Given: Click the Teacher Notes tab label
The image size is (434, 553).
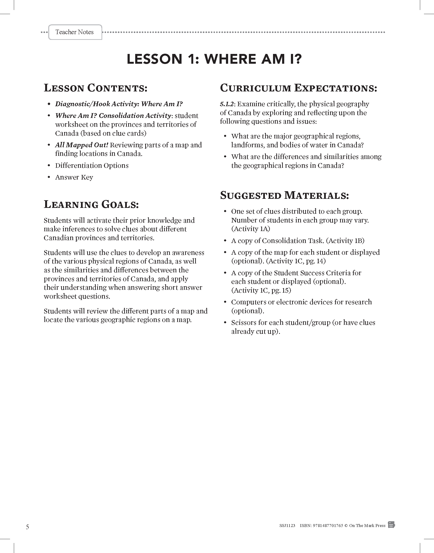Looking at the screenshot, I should (75, 32).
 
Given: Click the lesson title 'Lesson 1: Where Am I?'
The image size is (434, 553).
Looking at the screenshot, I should (214, 59).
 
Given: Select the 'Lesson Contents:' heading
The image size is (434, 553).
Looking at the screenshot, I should (96, 88).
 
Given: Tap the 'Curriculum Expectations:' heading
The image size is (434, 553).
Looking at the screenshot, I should (298, 88).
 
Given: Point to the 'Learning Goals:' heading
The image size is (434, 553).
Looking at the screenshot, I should (91, 204).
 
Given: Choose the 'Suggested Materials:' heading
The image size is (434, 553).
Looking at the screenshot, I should (284, 195).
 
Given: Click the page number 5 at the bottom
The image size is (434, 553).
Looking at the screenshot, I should (27, 527).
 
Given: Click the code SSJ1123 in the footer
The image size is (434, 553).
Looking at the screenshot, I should (287, 526).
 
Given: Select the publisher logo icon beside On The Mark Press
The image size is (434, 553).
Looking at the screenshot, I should (391, 525).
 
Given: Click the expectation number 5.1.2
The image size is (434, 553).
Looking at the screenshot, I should (227, 104).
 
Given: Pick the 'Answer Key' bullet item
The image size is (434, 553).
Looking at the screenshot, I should (74, 177).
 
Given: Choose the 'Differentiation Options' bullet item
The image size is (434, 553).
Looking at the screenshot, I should (92, 166).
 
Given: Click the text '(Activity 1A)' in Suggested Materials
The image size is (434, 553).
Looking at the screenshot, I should (251, 229).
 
